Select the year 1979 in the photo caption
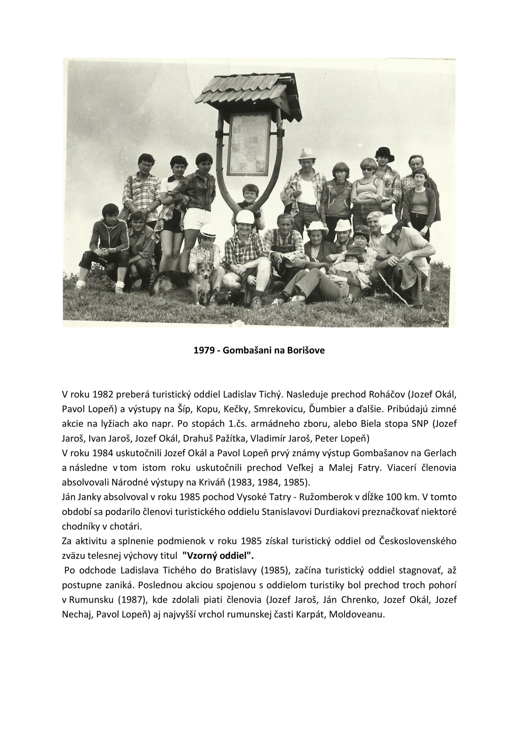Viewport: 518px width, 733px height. point(203,350)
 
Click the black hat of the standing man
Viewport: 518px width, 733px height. point(385,153)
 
